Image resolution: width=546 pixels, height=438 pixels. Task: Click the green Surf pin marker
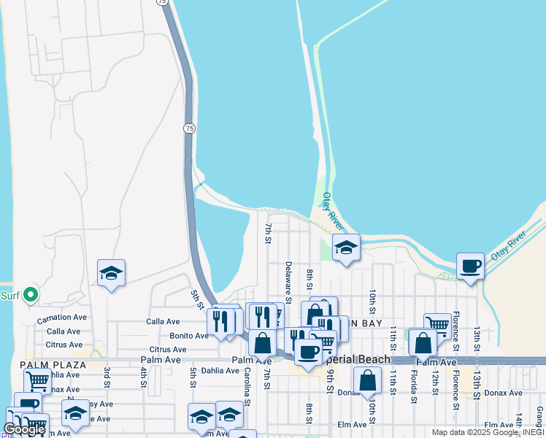pos(30,295)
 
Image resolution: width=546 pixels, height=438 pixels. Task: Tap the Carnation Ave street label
pos(62,318)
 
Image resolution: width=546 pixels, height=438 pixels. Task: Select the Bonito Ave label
pos(188,336)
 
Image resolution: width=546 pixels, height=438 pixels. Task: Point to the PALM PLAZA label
pos(53,364)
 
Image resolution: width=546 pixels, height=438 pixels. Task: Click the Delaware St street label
pos(288,283)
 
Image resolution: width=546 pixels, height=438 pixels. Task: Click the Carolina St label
pos(247,386)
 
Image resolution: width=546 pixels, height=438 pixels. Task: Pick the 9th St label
pos(330,382)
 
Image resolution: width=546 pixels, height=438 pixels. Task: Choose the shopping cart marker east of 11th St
pos(437,323)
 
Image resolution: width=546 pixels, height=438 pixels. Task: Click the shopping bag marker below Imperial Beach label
pos(369,379)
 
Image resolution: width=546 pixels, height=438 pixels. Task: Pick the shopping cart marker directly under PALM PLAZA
pos(37,380)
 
